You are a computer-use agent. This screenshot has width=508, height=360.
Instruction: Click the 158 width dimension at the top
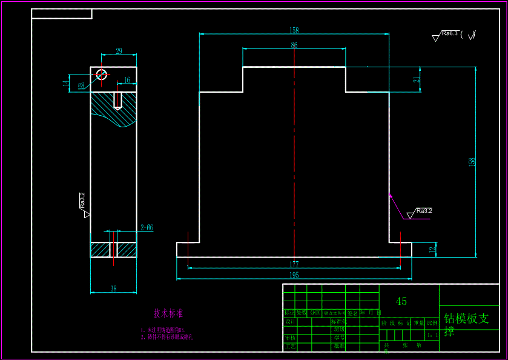click(x=294, y=30)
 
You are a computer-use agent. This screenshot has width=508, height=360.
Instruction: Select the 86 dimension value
click(x=294, y=45)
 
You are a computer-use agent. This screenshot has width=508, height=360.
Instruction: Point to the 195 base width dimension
click(x=294, y=275)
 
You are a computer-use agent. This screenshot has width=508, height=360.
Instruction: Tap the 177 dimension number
click(x=294, y=265)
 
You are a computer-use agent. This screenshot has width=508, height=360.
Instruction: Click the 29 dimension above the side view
click(x=119, y=52)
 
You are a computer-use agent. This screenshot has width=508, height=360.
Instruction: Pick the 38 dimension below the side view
click(x=113, y=289)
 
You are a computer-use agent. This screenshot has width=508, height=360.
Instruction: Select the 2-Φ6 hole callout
click(x=147, y=228)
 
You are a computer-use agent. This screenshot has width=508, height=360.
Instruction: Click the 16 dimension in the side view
click(x=127, y=80)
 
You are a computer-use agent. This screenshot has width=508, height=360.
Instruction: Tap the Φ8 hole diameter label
click(x=81, y=86)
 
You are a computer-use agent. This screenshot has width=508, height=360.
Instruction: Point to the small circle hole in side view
click(x=101, y=74)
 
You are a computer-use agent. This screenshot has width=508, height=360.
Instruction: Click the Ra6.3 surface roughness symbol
click(x=449, y=35)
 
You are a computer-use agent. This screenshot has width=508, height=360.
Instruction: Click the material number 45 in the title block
click(x=401, y=301)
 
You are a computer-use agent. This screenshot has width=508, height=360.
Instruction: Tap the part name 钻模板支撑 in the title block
click(x=466, y=324)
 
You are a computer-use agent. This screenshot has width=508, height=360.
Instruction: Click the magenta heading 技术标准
click(x=168, y=314)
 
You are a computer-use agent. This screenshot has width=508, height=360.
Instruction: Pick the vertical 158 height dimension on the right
click(x=472, y=162)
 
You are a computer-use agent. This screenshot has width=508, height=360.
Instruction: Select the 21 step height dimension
click(x=417, y=80)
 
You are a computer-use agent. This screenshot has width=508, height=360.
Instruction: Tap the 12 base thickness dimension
click(x=432, y=249)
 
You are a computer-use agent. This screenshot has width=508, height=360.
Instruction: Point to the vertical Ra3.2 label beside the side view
click(x=82, y=200)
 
